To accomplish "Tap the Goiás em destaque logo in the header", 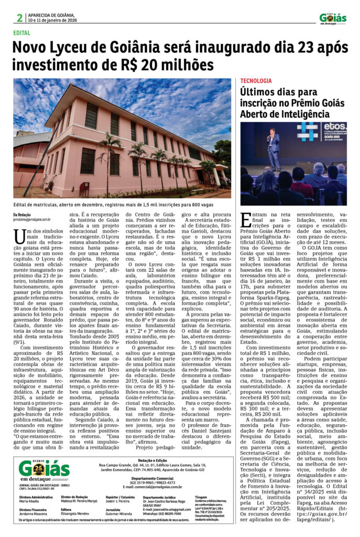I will [x=333, y=18].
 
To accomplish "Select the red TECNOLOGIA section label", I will [x=256, y=81].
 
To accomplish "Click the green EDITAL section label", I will [x=22, y=33].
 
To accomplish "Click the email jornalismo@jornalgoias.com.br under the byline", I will [x=32, y=220].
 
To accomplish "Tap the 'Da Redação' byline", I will [x=22, y=214].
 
